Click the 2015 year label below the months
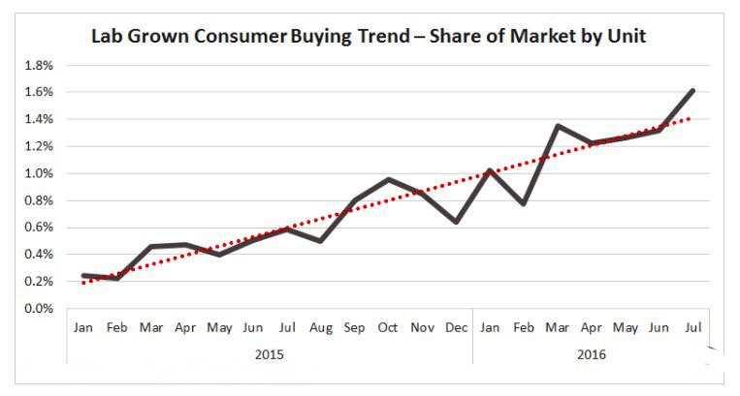click(x=269, y=354)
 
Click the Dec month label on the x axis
click(x=456, y=329)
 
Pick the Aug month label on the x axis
click(x=320, y=329)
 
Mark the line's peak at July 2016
click(x=692, y=90)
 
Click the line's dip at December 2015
click(x=456, y=222)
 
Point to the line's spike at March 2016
click(x=558, y=126)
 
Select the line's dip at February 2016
click(x=523, y=203)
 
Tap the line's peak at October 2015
click(x=388, y=179)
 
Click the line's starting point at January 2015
click(x=83, y=276)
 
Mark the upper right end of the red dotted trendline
click(x=692, y=118)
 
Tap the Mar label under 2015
click(x=151, y=329)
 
